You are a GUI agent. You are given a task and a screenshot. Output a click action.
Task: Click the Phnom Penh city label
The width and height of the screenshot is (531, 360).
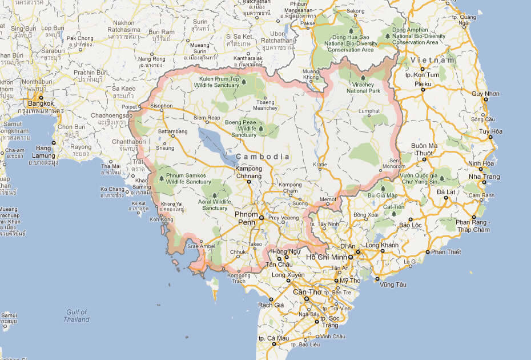247,218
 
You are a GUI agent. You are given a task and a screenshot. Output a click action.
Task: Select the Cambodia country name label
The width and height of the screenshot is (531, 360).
262,157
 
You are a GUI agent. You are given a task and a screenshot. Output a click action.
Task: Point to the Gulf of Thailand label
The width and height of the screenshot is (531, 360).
77,315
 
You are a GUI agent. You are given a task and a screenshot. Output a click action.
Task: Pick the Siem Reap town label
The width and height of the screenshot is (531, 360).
207,118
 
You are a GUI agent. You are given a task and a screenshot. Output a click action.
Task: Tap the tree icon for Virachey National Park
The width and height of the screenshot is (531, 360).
363,78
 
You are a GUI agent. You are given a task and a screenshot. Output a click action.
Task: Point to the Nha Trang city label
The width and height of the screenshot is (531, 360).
484,177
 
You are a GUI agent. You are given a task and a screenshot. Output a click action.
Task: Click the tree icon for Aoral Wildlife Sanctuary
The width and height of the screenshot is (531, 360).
215,195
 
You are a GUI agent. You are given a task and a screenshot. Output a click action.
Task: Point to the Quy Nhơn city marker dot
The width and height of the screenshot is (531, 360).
486,99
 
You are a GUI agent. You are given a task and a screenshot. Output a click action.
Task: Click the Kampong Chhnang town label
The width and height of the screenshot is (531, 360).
249,172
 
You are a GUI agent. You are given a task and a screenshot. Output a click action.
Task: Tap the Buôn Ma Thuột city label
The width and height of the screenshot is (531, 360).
424,150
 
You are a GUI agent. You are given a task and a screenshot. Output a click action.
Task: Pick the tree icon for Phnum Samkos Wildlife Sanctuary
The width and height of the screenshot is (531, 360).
162,178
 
